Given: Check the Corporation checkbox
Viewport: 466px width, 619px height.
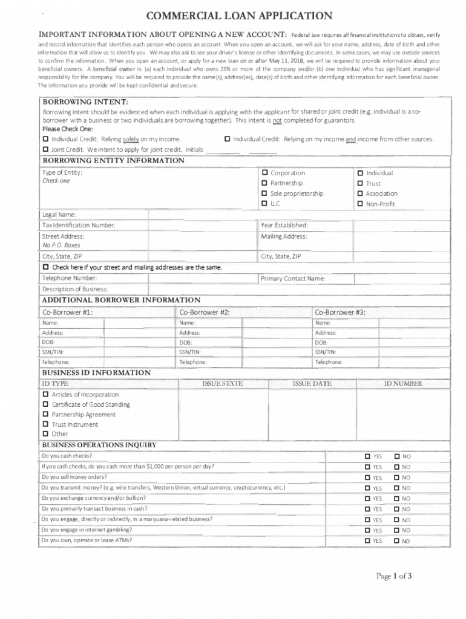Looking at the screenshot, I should click(x=264, y=173).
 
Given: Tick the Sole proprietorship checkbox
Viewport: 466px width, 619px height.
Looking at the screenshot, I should click(x=264, y=193).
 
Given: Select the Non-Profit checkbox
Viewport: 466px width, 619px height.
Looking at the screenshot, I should click(x=360, y=204).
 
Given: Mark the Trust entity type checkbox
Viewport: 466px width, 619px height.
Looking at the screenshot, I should click(x=360, y=183).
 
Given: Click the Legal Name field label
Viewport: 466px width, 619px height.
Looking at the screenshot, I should click(x=59, y=215).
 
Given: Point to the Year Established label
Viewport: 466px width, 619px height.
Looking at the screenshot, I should click(x=284, y=225).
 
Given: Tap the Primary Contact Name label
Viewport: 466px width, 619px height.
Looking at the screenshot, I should click(x=294, y=279).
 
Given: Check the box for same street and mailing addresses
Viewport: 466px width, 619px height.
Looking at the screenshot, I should click(x=46, y=267).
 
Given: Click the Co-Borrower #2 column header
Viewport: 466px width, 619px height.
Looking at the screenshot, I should click(x=204, y=313).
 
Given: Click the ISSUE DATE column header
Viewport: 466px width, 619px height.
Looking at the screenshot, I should click(x=312, y=384).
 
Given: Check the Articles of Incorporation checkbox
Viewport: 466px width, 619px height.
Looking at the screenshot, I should click(x=46, y=395).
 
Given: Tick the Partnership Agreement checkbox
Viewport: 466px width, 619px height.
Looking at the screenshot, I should click(x=46, y=415).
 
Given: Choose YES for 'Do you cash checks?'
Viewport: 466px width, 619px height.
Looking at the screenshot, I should click(x=367, y=456).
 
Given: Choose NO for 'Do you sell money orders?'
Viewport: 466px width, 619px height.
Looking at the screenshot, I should click(x=397, y=478).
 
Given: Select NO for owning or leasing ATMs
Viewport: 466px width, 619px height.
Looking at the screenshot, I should click(x=397, y=541).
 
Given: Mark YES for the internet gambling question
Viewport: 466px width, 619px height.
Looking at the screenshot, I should click(x=367, y=531).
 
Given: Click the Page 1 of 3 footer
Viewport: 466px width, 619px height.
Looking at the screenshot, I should click(x=394, y=576).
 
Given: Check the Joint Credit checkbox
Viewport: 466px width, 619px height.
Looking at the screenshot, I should click(x=46, y=149).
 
